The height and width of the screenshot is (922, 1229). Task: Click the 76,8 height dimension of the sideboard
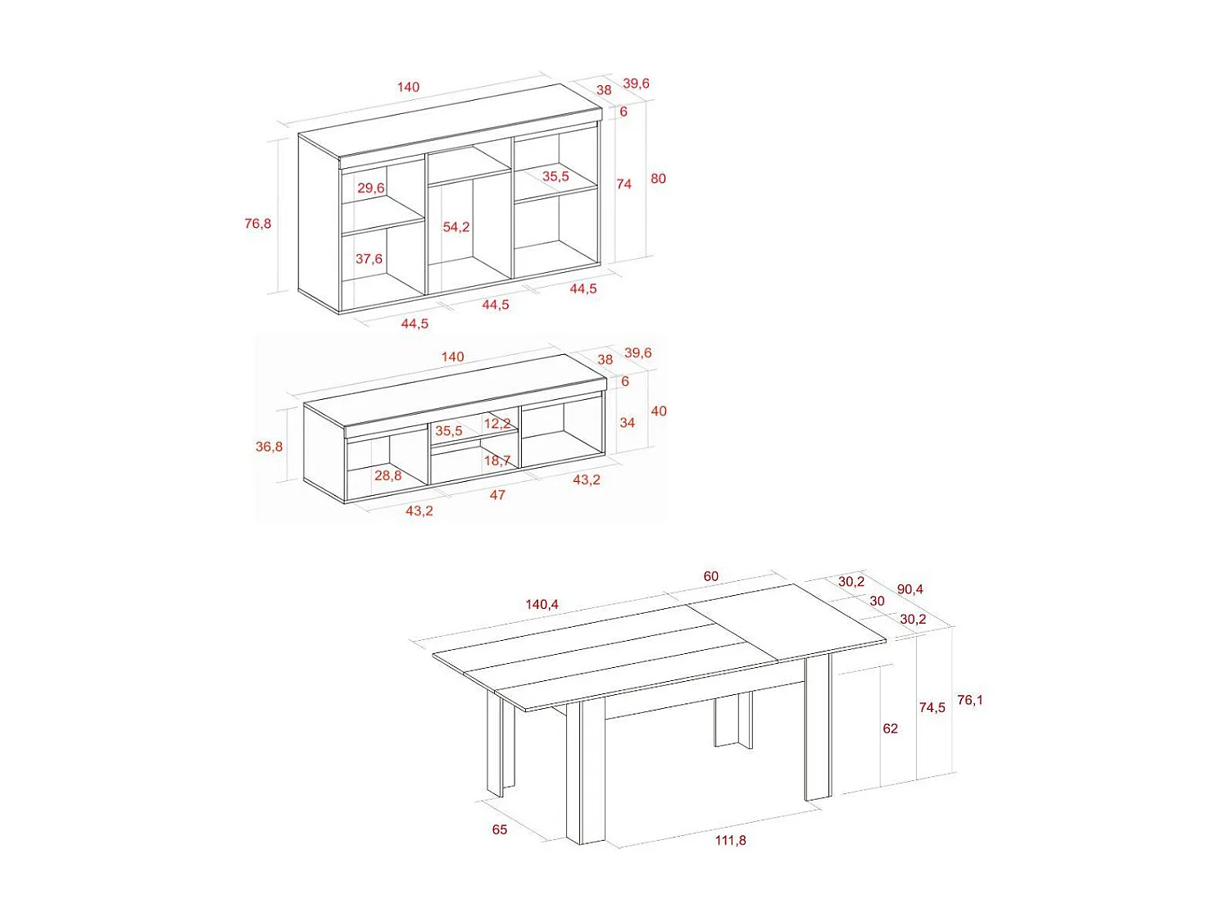pyautogui.click(x=258, y=224)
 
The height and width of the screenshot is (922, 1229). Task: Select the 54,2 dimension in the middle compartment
pyautogui.click(x=456, y=227)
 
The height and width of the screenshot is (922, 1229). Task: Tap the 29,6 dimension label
pyautogui.click(x=370, y=188)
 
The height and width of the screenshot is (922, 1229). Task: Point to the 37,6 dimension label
pyautogui.click(x=369, y=259)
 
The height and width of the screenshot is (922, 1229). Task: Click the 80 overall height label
pyautogui.click(x=658, y=179)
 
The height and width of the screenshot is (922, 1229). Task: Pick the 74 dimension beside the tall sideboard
pyautogui.click(x=624, y=184)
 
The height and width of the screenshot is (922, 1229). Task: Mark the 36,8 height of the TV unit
pyautogui.click(x=269, y=447)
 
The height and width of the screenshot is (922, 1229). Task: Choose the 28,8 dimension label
pyautogui.click(x=388, y=475)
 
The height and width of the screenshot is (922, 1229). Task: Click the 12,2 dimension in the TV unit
pyautogui.click(x=497, y=424)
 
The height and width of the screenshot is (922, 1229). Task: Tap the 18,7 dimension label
pyautogui.click(x=497, y=461)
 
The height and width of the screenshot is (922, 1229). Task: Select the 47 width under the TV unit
pyautogui.click(x=497, y=495)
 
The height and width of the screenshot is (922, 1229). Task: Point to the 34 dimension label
pyautogui.click(x=627, y=423)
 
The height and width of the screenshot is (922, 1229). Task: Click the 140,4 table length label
pyautogui.click(x=542, y=605)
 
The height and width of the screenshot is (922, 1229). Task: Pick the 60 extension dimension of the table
pyautogui.click(x=711, y=577)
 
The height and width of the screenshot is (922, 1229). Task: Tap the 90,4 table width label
pyautogui.click(x=909, y=589)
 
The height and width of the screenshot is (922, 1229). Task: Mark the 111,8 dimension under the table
pyautogui.click(x=730, y=841)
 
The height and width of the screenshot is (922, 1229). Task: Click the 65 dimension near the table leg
pyautogui.click(x=500, y=830)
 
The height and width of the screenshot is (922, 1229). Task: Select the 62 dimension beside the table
pyautogui.click(x=890, y=729)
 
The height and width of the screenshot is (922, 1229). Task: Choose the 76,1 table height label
pyautogui.click(x=970, y=701)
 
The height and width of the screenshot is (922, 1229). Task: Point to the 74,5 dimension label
pyautogui.click(x=932, y=707)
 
